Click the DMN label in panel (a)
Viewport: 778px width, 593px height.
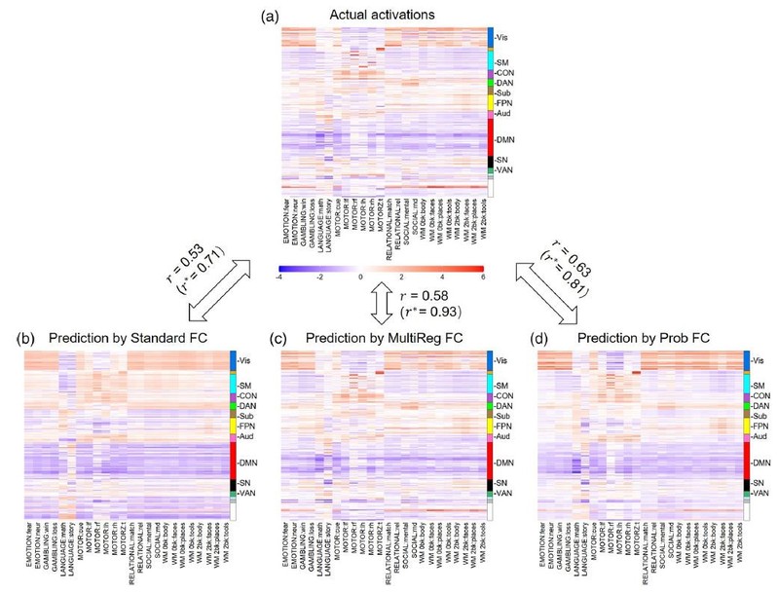(506, 142)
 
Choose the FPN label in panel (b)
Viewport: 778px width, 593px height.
(247, 425)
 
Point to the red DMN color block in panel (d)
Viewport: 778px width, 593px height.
(746, 460)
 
